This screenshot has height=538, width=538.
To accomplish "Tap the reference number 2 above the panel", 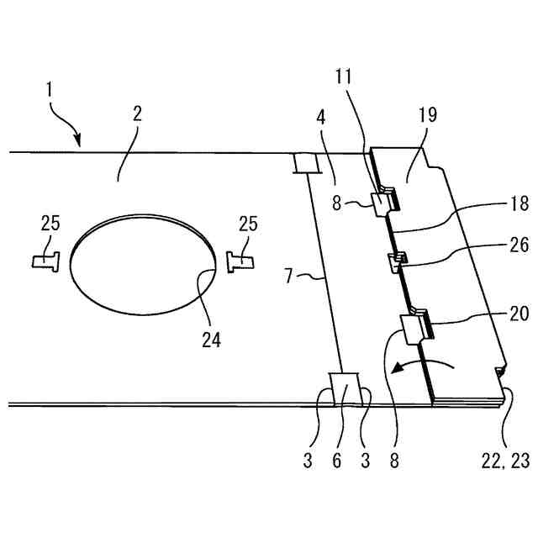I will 137,113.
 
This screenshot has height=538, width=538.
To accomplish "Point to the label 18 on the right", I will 519,204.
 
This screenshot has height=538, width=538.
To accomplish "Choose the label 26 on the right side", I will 519,245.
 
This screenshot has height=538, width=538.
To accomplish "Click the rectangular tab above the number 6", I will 346,388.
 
